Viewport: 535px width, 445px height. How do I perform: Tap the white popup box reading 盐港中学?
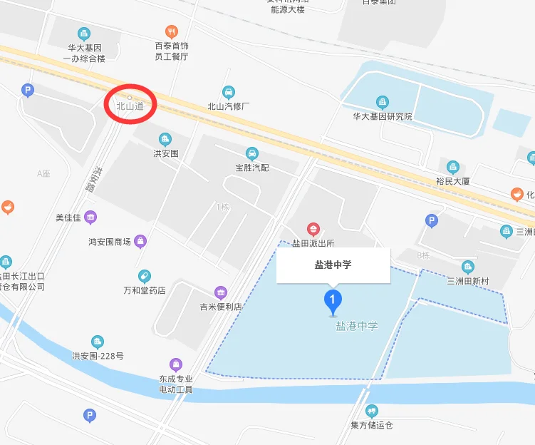click(333, 265)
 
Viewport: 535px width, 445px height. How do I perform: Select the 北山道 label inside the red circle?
click(130, 106)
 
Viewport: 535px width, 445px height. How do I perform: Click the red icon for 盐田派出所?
click(312, 230)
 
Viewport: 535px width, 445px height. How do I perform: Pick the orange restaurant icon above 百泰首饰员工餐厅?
click(171, 31)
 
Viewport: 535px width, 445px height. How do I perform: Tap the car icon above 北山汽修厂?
click(228, 92)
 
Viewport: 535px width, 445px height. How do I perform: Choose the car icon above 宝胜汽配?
click(251, 153)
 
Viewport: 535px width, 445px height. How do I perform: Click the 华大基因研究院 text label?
click(383, 116)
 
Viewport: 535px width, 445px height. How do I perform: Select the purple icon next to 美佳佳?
click(90, 217)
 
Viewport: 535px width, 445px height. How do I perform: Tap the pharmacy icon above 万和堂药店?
click(144, 276)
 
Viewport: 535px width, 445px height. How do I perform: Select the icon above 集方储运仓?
click(371, 411)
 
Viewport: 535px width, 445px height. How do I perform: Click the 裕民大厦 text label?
click(452, 181)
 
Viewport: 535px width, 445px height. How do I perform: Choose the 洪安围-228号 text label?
click(98, 356)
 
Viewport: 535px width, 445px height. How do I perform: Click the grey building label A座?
click(44, 173)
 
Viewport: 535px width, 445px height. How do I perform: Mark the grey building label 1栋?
click(223, 207)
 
